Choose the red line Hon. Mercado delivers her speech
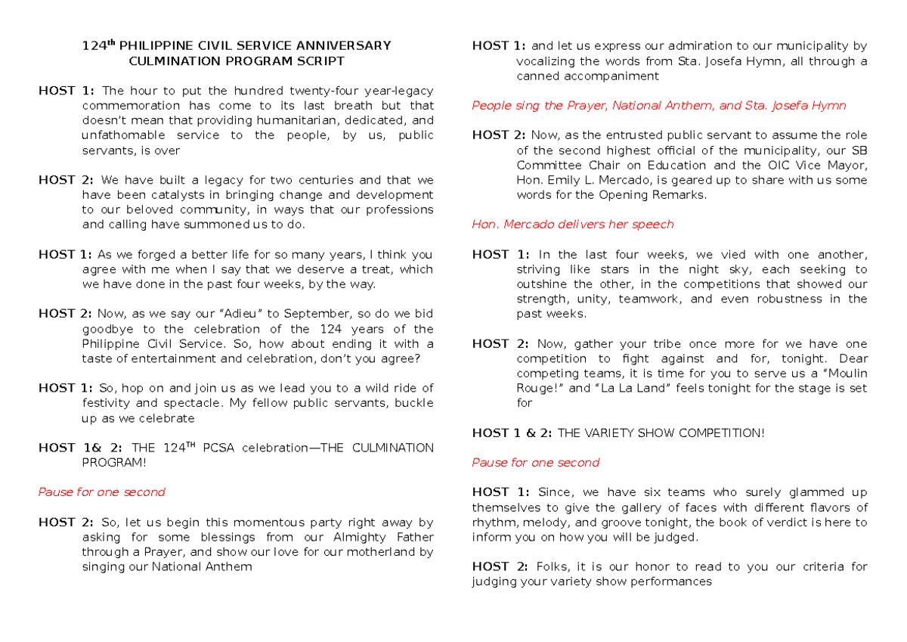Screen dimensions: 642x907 572,225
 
